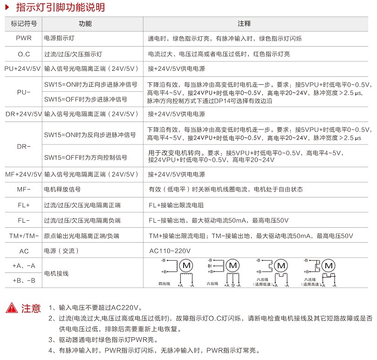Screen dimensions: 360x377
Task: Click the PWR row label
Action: [24, 38]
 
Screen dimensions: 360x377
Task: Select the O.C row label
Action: [24, 54]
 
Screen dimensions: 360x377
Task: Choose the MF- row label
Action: [24, 190]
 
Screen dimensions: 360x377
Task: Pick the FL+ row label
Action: [24, 205]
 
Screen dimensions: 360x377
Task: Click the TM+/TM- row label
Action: [24, 236]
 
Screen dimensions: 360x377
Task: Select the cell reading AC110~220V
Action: [170, 251]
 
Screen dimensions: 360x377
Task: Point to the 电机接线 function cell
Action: [56, 273]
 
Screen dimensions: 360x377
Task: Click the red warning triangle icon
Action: [11, 308]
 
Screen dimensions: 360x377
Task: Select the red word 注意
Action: [31, 308]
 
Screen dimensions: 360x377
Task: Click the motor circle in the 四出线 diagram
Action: [186, 265]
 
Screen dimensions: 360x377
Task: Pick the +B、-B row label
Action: [24, 280]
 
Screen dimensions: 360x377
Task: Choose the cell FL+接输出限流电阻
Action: [176, 205]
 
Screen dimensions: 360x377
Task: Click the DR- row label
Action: [24, 146]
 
